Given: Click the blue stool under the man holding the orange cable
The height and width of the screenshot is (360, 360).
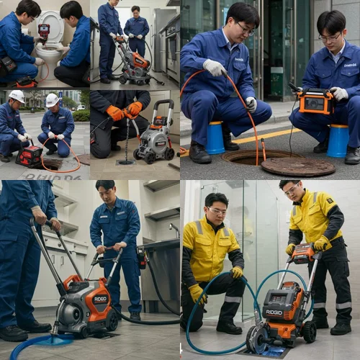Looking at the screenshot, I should (x=215, y=138).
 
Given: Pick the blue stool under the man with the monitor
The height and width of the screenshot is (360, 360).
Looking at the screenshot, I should (x=337, y=140).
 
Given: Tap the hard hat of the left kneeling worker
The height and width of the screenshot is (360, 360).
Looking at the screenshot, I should (x=16, y=96).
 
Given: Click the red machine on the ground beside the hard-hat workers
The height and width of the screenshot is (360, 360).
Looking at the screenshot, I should (x=30, y=155).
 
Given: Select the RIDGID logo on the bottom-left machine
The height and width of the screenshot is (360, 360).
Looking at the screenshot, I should (x=99, y=299).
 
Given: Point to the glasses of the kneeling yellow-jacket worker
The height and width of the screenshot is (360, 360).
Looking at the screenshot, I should (x=217, y=211).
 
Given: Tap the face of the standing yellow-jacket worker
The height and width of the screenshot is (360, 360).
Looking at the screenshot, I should (x=291, y=192).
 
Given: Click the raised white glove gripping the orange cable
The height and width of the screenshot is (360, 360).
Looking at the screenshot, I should (x=215, y=68).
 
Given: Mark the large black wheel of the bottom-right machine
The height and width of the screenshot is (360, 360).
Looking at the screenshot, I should (x=257, y=338).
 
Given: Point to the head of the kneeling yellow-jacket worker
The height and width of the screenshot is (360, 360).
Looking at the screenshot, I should (x=216, y=205).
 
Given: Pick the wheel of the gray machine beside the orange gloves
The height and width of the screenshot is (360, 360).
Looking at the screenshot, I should (x=168, y=153).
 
